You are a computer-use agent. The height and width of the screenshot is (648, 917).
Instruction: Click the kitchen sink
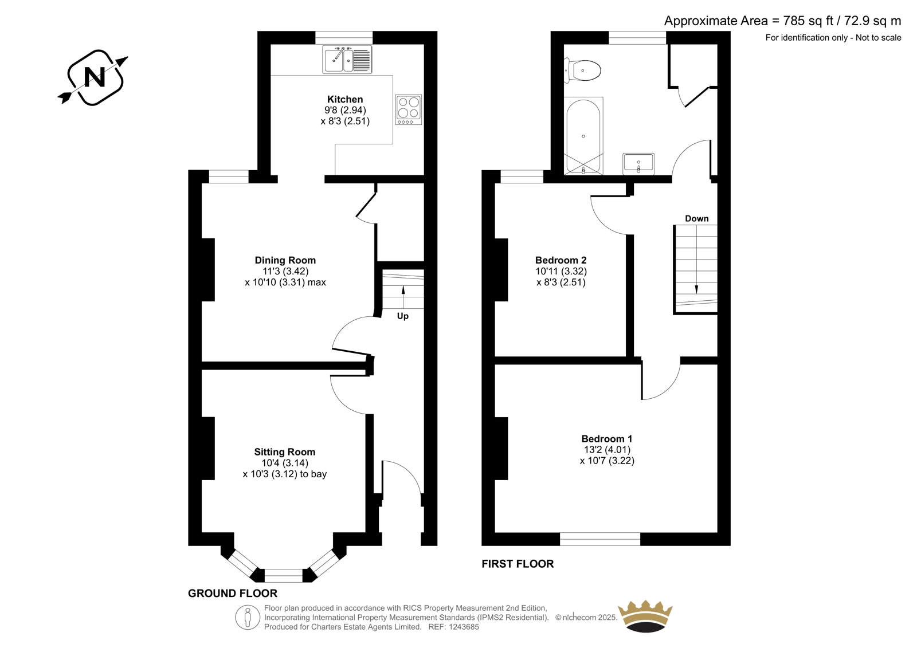347,60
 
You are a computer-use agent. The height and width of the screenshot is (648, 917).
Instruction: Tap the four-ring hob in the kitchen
409,109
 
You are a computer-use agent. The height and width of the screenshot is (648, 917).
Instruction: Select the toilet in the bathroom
582,70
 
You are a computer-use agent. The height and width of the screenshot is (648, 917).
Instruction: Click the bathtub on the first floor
583,136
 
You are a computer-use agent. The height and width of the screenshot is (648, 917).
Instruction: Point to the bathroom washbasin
638,164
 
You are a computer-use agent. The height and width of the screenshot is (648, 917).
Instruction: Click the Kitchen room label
345,99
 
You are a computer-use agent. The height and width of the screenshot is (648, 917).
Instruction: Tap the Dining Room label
285,260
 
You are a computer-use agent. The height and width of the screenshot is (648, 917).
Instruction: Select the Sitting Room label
285,452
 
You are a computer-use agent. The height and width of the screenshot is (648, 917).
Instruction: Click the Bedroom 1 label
607,439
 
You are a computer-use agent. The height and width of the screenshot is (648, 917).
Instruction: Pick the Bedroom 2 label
561,260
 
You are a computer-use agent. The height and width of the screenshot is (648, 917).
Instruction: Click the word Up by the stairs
403,316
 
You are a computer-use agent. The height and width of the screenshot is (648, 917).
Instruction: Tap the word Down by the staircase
697,219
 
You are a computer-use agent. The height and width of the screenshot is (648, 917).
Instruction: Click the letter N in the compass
95,77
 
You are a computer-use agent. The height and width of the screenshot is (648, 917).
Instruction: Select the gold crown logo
645,616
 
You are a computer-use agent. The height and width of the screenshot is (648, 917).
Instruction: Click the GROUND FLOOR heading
233,593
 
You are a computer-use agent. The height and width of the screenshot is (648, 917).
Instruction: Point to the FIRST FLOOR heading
518,564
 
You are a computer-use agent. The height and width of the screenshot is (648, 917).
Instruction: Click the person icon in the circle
247,617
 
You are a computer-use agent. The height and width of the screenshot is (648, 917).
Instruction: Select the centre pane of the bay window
284,576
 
